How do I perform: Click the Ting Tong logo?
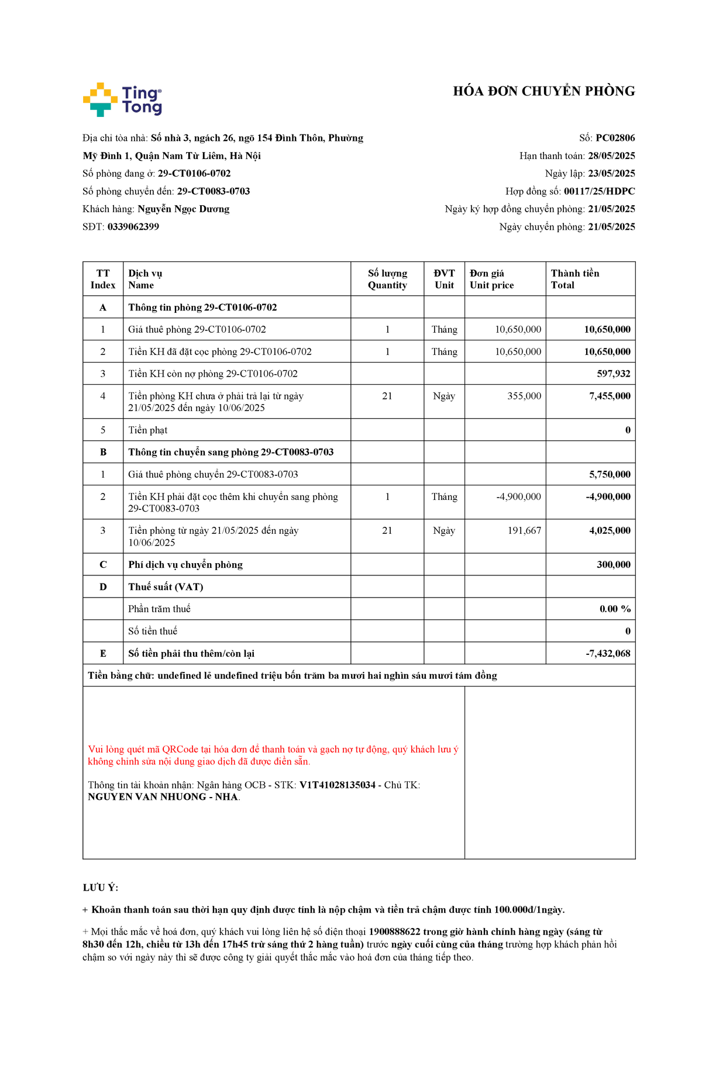tap(122, 99)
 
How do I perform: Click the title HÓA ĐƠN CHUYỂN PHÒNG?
tap(543, 91)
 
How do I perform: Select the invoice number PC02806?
tap(615, 138)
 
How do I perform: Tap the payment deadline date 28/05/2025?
tap(611, 156)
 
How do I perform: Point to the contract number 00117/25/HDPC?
tap(599, 191)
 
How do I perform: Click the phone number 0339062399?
tap(133, 227)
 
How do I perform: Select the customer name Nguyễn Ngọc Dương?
tap(183, 209)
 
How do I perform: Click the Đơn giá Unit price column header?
tap(491, 279)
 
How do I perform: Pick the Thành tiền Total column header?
tap(574, 279)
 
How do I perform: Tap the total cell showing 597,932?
tap(614, 374)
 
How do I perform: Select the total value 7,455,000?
tap(610, 396)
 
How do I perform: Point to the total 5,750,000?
tap(610, 474)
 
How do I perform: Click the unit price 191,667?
tap(524, 530)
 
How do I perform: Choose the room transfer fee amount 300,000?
tap(614, 564)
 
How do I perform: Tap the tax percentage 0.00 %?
tap(615, 609)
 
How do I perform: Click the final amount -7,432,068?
tap(608, 653)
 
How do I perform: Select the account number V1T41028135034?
tap(338, 785)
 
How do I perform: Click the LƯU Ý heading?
tap(101, 888)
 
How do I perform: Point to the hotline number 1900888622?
tap(394, 931)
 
